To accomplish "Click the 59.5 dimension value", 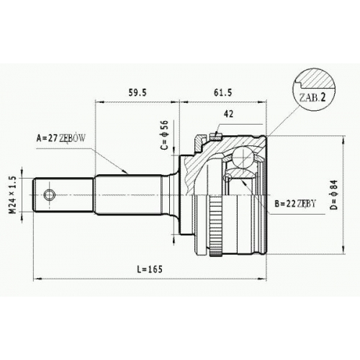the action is pyautogui.click(x=138, y=92).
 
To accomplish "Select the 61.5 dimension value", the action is pyautogui.click(x=223, y=92).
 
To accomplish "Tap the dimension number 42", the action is pyautogui.click(x=228, y=114).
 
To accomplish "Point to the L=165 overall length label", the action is pyautogui.click(x=150, y=269).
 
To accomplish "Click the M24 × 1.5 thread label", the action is pyautogui.click(x=13, y=195).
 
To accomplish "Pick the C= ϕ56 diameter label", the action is pyautogui.click(x=165, y=135).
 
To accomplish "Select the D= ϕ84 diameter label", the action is pyautogui.click(x=334, y=194).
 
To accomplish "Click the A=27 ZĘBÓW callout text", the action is pyautogui.click(x=60, y=138).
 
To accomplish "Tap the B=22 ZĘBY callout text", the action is pyautogui.click(x=295, y=204).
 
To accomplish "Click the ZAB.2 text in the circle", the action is pyautogui.click(x=312, y=98).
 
